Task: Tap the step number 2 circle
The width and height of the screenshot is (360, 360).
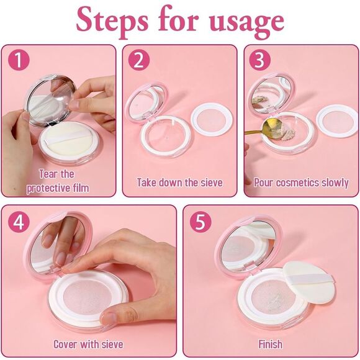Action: [139, 61]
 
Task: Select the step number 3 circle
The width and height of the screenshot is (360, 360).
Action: [260, 61]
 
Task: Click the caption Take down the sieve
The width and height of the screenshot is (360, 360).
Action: [179, 182]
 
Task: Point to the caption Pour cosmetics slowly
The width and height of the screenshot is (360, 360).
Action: [301, 182]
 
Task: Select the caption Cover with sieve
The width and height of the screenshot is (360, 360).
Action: [88, 344]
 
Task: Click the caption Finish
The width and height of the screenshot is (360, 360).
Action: [270, 344]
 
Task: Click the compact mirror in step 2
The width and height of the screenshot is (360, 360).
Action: [144, 102]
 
